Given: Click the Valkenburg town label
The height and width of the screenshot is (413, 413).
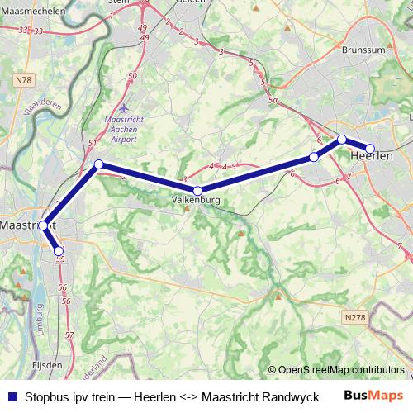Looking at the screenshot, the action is tap(197, 200).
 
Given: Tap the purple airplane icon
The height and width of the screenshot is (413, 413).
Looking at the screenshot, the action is tap(124, 107).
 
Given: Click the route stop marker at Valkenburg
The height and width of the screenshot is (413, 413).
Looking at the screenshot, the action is tap(197, 191).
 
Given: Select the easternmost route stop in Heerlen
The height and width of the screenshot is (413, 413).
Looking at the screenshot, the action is tap(370, 149).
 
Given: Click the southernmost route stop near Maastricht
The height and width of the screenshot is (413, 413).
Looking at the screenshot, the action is tap(59, 251).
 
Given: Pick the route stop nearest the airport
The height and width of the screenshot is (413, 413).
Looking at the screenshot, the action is tap(98, 164).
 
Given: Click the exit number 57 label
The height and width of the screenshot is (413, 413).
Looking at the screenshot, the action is tap(69, 336).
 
